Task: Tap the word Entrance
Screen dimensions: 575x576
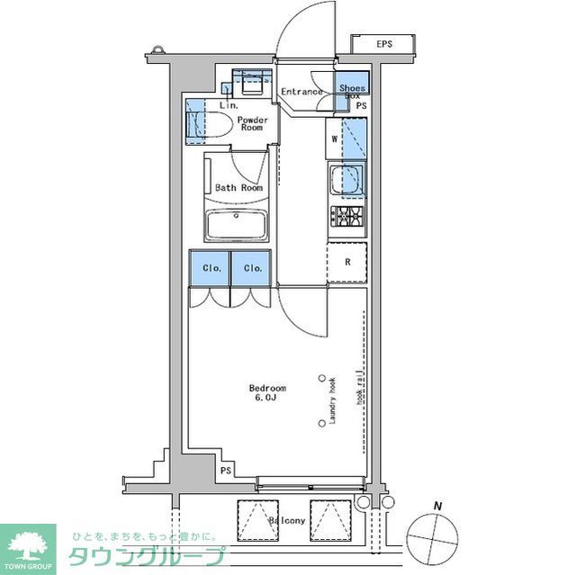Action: click(301, 92)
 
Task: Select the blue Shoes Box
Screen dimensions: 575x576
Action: click(352, 87)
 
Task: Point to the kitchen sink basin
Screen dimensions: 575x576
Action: click(346, 181)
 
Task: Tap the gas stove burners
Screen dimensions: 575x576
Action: click(346, 215)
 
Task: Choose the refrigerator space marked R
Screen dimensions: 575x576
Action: click(347, 262)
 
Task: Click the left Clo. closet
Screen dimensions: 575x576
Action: click(209, 268)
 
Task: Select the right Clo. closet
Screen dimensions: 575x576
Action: click(252, 268)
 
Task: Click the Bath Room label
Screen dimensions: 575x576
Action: click(238, 188)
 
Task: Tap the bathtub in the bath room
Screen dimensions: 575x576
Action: click(236, 225)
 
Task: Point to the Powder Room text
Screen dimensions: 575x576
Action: click(251, 124)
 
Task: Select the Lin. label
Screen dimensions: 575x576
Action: click(229, 105)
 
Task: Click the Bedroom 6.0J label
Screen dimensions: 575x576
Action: click(267, 393)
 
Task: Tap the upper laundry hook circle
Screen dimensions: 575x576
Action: click(321, 379)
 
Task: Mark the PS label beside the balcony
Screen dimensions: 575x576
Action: click(225, 471)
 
